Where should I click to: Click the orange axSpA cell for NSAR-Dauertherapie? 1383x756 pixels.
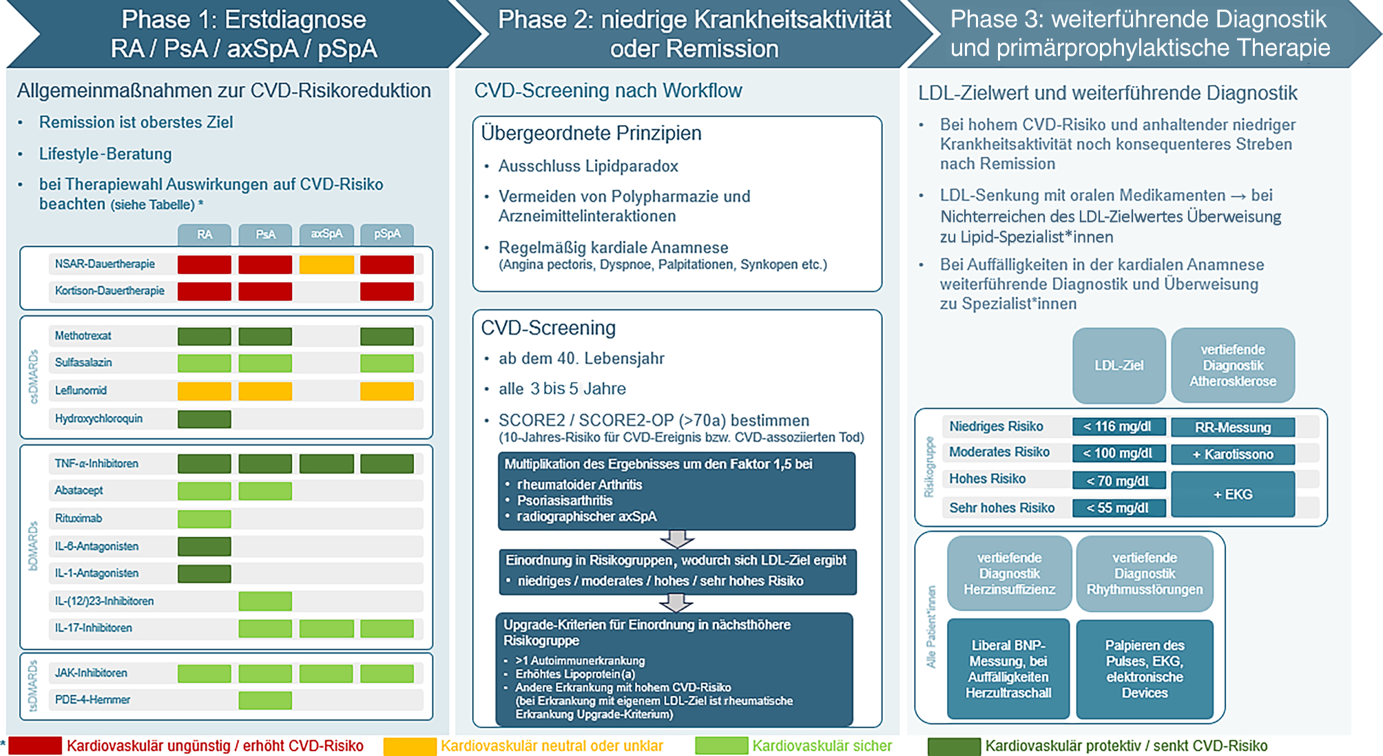(326, 264)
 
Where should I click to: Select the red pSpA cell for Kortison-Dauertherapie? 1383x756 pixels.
(387, 291)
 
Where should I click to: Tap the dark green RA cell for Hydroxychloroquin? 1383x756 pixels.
(205, 419)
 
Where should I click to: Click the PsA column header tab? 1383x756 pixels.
(265, 235)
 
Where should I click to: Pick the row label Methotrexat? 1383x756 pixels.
(83, 335)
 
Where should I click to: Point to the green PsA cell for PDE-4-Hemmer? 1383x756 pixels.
(265, 700)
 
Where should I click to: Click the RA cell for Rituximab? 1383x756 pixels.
(205, 518)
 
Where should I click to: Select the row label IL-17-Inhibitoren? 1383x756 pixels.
(93, 628)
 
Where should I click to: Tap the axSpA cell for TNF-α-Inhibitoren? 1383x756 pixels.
(326, 463)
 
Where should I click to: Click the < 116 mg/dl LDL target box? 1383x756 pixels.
(1119, 427)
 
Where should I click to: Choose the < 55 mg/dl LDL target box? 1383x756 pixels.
(1119, 508)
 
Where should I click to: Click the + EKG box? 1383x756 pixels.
(1233, 494)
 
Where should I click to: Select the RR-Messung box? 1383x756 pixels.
(1233, 428)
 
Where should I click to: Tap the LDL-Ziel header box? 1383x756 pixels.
(1119, 366)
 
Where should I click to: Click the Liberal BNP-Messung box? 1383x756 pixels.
(1008, 669)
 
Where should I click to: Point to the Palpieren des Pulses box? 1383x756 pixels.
(1145, 669)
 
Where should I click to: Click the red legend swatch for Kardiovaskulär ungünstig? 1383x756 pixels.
(35, 746)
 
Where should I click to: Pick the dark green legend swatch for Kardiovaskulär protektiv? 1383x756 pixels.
(954, 746)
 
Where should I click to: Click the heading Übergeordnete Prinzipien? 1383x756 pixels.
(591, 133)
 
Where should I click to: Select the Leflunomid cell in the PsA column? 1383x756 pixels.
(265, 391)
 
